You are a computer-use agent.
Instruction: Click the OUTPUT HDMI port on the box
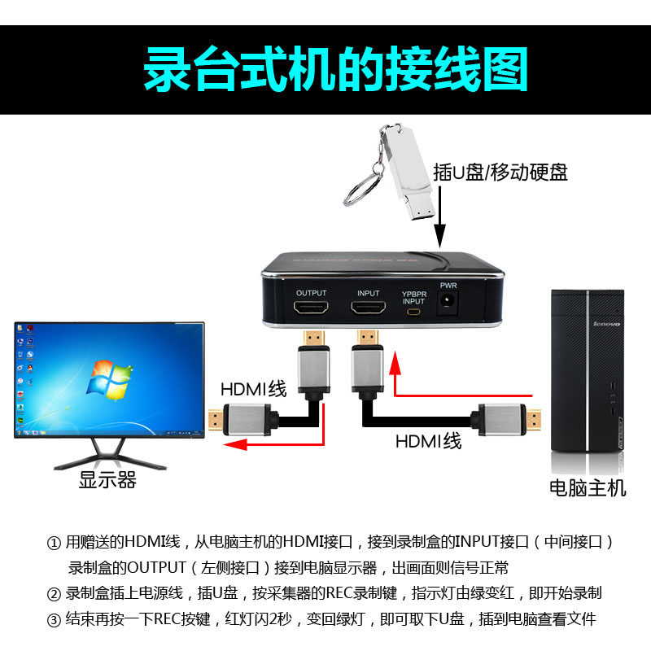311,308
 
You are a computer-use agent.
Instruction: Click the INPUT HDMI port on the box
368,308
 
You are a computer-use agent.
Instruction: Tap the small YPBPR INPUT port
413,312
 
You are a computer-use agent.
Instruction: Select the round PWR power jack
447,300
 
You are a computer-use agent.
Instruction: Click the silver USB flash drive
407,173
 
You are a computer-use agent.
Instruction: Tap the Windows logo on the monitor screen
109,380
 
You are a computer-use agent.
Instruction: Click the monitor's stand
110,454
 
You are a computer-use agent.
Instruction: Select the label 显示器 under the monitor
107,480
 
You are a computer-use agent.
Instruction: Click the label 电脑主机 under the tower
588,487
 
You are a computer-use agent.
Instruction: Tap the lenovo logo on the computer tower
607,324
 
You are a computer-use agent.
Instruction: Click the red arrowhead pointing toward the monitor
235,445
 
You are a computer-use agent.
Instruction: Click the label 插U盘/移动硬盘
500,173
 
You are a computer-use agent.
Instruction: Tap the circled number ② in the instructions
54,594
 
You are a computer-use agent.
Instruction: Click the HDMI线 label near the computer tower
429,441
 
